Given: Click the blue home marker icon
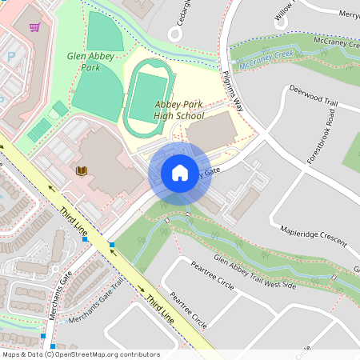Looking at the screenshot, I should point(180,173).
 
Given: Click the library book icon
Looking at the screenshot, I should point(81,170).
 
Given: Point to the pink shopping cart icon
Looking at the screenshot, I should point(34,27).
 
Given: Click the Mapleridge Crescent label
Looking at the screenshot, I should point(314,237).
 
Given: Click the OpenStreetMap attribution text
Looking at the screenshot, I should point(80,354).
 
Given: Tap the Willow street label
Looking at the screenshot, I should point(284,10).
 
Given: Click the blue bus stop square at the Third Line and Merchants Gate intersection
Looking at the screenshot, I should point(112,244).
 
